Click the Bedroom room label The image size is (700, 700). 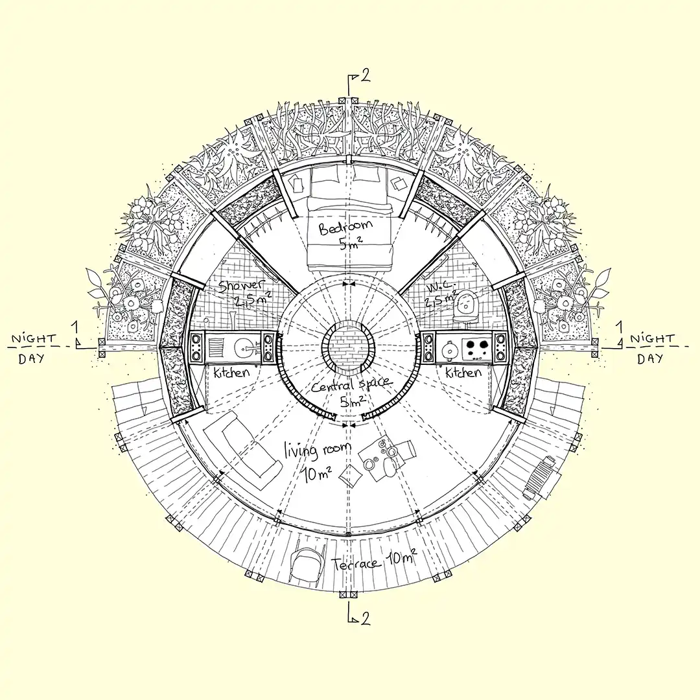(x=345, y=227)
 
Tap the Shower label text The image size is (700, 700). (x=241, y=286)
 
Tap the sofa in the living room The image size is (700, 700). (x=242, y=450)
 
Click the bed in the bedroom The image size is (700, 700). (x=349, y=219)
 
